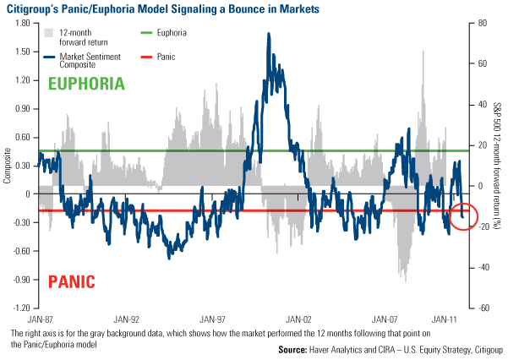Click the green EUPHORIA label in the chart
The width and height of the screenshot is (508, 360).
pyautogui.click(x=86, y=84)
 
